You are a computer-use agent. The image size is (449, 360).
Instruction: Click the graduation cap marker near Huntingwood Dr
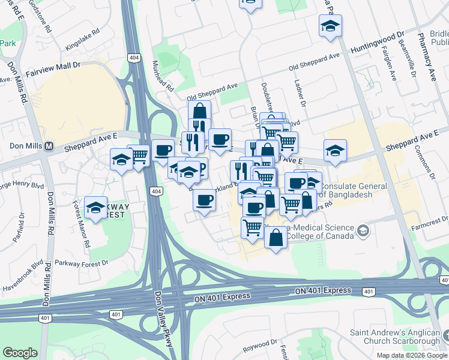coord(330,26)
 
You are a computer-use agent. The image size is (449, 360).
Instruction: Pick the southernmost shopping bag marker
coord(276,238)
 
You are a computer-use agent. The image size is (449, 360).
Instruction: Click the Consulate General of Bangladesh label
coord(354,190)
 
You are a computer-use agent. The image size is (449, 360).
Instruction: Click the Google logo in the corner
coord(20,353)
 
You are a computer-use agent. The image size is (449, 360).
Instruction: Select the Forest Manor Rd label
coord(82,224)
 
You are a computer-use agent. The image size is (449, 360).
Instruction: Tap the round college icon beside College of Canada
coord(363,230)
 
